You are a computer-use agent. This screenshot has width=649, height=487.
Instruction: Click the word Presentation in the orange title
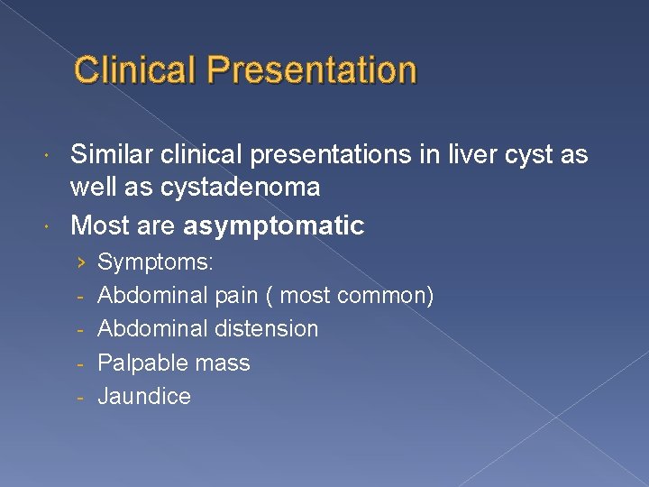(311, 70)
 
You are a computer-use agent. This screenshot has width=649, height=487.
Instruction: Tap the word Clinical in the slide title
(136, 70)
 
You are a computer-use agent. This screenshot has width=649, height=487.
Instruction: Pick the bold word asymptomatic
(273, 225)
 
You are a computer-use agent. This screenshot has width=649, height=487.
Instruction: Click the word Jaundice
(144, 397)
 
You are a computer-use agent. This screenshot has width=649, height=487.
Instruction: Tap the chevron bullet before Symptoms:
(81, 262)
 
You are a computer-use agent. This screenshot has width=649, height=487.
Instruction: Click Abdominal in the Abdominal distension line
(151, 329)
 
